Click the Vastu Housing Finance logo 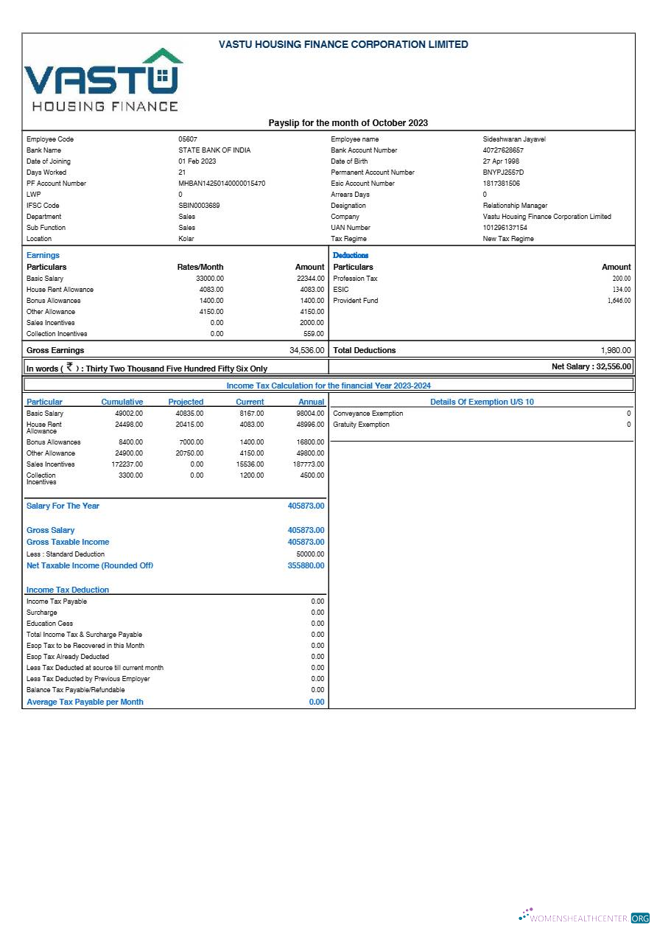pyautogui.click(x=104, y=80)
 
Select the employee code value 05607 pyautogui.click(x=188, y=139)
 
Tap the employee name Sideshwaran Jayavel pyautogui.click(x=514, y=139)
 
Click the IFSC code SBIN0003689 pyautogui.click(x=199, y=206)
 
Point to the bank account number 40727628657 pyautogui.click(x=503, y=150)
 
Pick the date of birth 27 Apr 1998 pyautogui.click(x=501, y=161)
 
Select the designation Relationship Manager pyautogui.click(x=515, y=206)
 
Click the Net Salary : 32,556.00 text pyautogui.click(x=591, y=366)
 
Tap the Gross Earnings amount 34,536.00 pyautogui.click(x=306, y=350)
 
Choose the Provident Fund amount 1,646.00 pyautogui.click(x=619, y=301)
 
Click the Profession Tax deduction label pyautogui.click(x=355, y=279)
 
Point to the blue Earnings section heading pyautogui.click(x=43, y=255)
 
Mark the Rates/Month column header pyautogui.click(x=200, y=267)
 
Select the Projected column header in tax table pyautogui.click(x=186, y=402)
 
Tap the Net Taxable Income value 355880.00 pyautogui.click(x=306, y=565)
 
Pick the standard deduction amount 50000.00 pyautogui.click(x=310, y=554)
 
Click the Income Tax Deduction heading pyautogui.click(x=68, y=590)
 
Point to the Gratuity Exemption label pyautogui.click(x=361, y=425)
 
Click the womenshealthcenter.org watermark pyautogui.click(x=585, y=918)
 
